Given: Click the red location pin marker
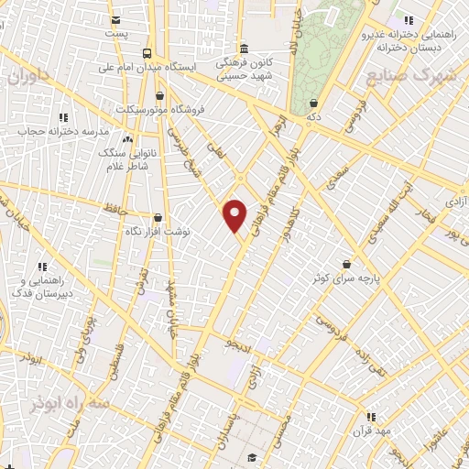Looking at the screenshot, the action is (235, 214).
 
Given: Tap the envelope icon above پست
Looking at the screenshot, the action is (115, 20).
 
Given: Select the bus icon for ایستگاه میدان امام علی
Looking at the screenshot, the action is (148, 52).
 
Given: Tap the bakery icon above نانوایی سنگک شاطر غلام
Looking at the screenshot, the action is (127, 138).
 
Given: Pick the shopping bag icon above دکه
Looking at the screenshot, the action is (314, 104).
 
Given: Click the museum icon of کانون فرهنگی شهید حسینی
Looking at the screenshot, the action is (243, 49).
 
